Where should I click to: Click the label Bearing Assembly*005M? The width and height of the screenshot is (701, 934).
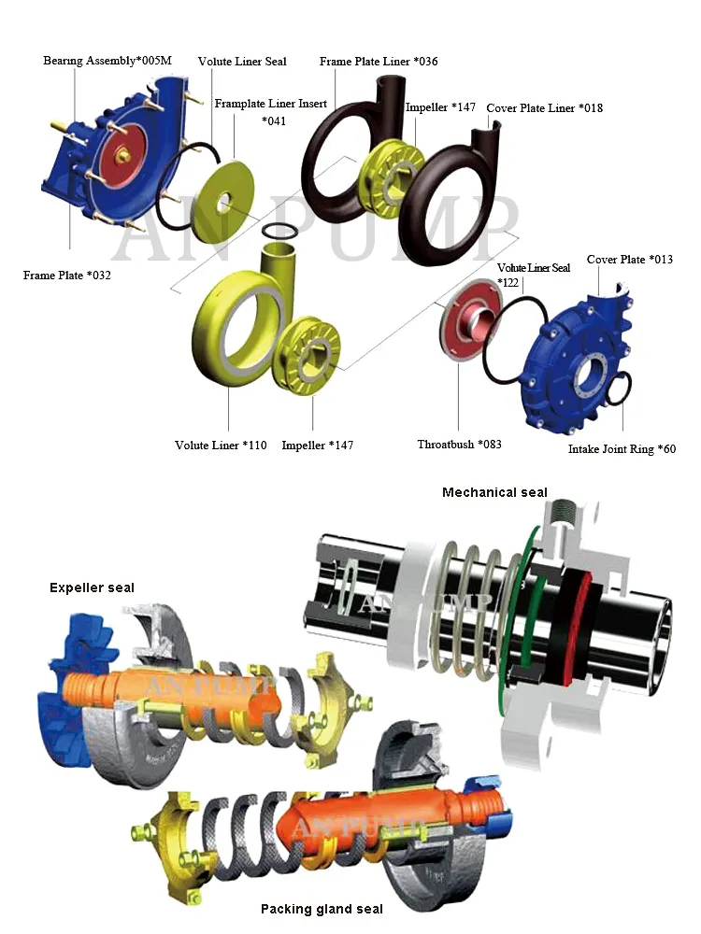[107, 61]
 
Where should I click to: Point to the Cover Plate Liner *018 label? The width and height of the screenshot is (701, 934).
[544, 108]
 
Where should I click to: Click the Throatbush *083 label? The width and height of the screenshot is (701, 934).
[459, 444]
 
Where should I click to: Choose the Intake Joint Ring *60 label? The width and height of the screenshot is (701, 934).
[622, 449]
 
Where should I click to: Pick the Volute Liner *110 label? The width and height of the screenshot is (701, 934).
[221, 446]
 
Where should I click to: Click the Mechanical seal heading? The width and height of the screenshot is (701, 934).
[494, 492]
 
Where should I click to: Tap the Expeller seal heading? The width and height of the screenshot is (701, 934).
[92, 587]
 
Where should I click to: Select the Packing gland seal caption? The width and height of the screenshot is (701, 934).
[322, 909]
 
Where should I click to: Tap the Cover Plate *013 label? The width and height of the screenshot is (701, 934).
[629, 260]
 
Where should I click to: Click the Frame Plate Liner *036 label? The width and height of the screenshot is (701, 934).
[378, 62]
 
